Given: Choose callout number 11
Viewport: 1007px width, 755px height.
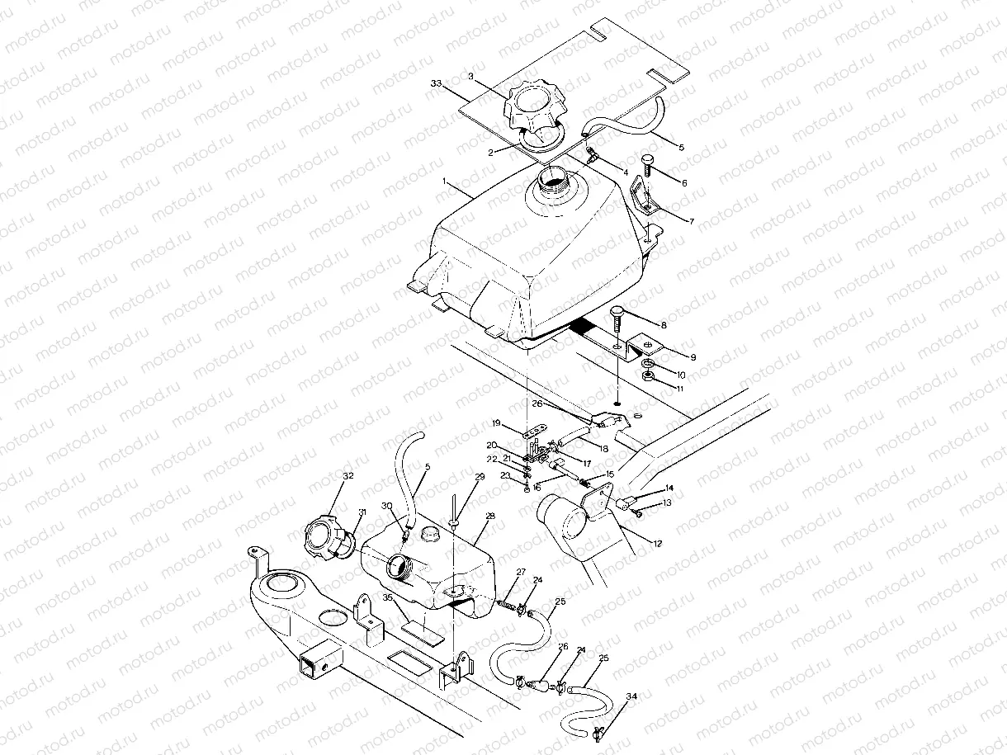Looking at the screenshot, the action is pyautogui.click(x=679, y=388).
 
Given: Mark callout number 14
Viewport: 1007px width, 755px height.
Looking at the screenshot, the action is pyautogui.click(x=668, y=488).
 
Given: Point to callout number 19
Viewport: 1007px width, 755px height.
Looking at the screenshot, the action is pyautogui.click(x=497, y=423).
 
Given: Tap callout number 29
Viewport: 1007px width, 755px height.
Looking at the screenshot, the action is pyautogui.click(x=480, y=478).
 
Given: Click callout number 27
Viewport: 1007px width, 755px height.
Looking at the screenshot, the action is pyautogui.click(x=521, y=572).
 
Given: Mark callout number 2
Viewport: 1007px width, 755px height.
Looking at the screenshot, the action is pyautogui.click(x=490, y=153).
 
